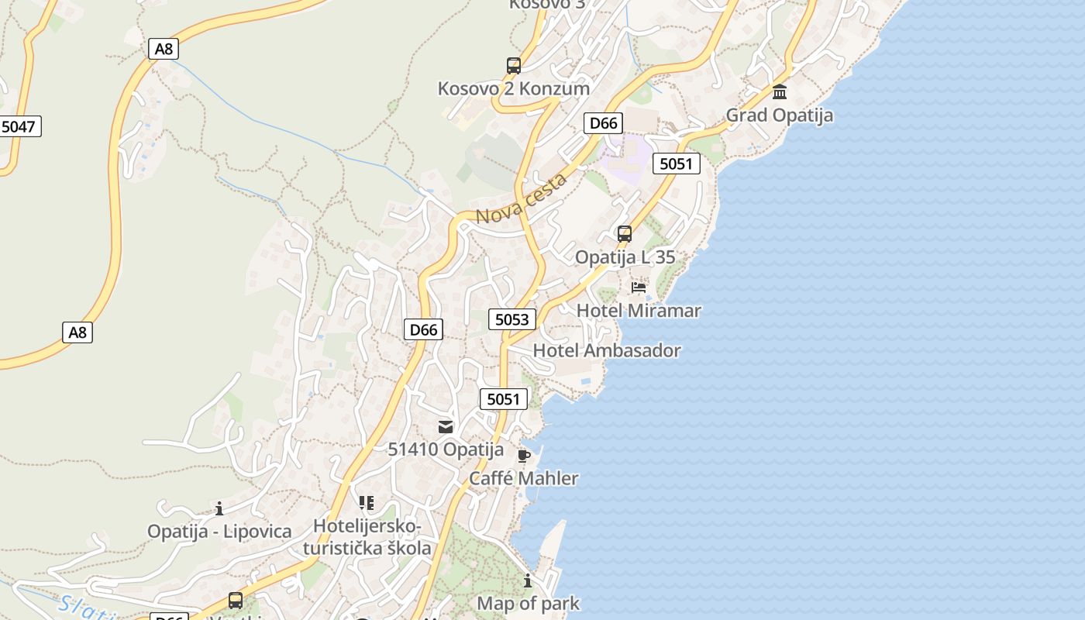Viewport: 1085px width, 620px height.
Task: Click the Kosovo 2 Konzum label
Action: [x=514, y=88]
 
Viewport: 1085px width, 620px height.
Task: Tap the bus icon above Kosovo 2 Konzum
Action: [x=514, y=66]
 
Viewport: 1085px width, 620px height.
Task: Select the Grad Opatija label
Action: [x=779, y=115]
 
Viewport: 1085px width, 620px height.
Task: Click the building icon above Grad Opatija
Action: [x=780, y=93]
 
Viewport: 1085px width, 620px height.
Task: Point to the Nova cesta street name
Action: [x=521, y=200]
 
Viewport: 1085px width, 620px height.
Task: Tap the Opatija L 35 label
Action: [x=625, y=257]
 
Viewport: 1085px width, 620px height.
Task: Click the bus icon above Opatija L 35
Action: [x=624, y=233]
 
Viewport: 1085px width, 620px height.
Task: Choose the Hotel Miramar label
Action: [x=639, y=311]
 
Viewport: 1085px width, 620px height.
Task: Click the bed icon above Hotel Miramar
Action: [x=639, y=288]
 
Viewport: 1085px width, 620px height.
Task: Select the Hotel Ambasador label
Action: [x=607, y=350]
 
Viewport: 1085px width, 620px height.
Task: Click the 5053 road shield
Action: [x=512, y=319]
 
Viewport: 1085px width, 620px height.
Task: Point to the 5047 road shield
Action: [x=19, y=126]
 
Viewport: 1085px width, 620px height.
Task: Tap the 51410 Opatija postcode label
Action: [x=446, y=449]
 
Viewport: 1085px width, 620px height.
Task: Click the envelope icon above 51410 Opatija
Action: [x=446, y=427]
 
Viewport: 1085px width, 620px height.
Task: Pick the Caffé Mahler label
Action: [x=524, y=478]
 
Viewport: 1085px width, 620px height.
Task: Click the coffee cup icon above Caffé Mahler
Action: [x=524, y=456]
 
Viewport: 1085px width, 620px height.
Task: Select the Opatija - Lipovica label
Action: [x=219, y=532]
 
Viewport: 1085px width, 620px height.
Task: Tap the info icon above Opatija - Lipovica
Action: [x=219, y=508]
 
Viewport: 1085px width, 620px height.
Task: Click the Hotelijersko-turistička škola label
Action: [x=367, y=537]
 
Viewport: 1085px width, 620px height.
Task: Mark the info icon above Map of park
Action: [x=528, y=580]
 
